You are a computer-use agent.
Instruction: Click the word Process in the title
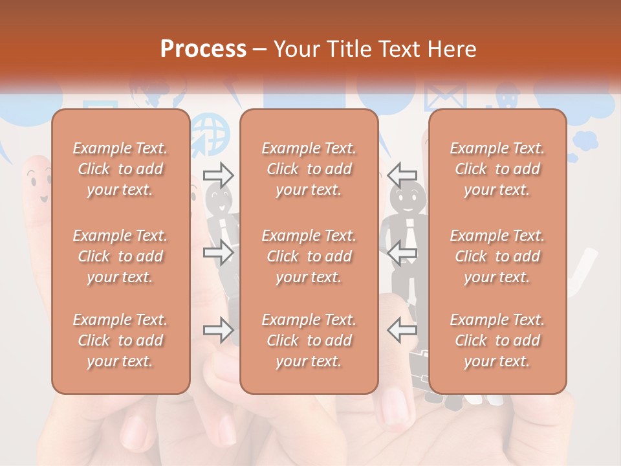(x=203, y=49)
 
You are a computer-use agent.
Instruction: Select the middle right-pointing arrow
(x=219, y=252)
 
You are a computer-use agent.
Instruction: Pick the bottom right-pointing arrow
(x=219, y=330)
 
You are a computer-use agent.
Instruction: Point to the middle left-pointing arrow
(x=402, y=252)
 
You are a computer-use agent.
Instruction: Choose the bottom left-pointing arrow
(x=402, y=330)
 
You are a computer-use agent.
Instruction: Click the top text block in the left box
(x=120, y=169)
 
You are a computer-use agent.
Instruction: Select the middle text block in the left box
(x=120, y=256)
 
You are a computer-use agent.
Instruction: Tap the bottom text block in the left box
(x=120, y=340)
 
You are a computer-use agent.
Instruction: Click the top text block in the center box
(x=309, y=169)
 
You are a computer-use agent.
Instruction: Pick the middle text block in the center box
(x=309, y=256)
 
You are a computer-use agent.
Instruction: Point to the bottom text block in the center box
(x=309, y=340)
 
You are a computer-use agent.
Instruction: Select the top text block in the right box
(x=497, y=169)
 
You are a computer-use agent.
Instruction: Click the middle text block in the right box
(x=497, y=256)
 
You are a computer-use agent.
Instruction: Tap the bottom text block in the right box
(x=497, y=340)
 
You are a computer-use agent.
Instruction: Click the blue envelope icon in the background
(x=445, y=97)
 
